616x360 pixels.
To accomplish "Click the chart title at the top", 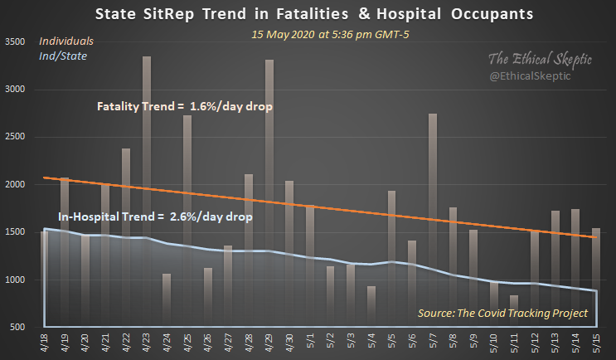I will coord(308,14).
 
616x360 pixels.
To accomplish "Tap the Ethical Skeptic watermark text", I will coord(541,60).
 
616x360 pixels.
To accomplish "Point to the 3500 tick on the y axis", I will coord(16,41).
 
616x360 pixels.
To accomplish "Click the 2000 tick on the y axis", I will coord(16,184).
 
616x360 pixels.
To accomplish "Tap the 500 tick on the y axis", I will coord(18,328).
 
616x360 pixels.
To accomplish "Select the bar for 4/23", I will coord(147,191).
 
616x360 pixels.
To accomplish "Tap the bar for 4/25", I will coord(187,221).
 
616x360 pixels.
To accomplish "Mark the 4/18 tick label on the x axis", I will coord(45,343).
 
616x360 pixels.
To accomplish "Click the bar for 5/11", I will coord(514,311).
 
